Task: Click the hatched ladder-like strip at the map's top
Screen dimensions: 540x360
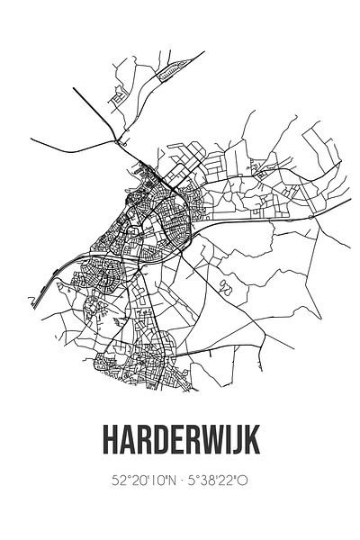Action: pos(176,68)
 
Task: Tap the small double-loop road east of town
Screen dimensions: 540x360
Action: pos(223,287)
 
